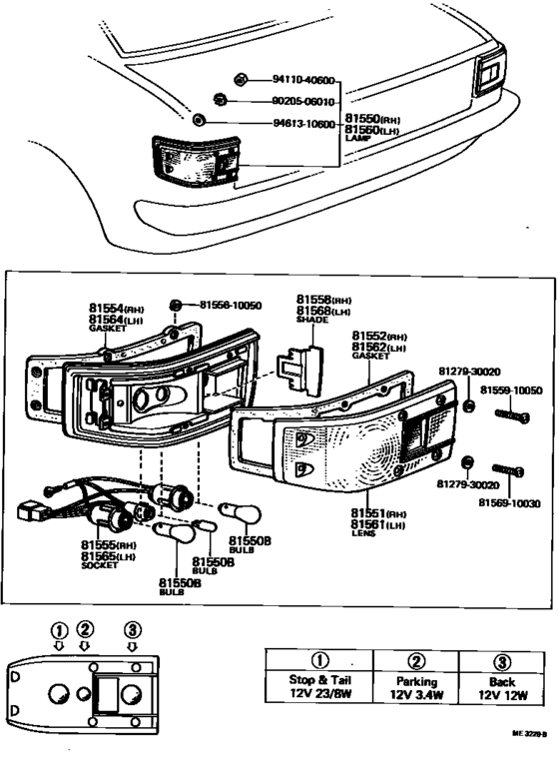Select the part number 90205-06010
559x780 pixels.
303,101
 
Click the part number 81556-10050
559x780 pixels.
232,305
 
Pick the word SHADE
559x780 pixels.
309,320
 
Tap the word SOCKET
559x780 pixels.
100,565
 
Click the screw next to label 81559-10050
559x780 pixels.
507,412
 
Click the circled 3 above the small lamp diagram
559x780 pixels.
132,629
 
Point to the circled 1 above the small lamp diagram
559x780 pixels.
60,629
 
